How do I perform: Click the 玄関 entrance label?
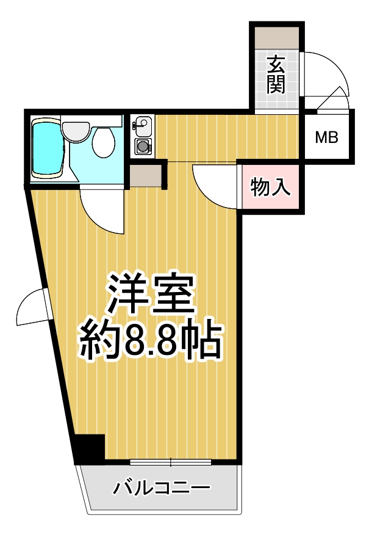(276, 74)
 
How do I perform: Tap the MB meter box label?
(326, 138)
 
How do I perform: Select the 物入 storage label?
(270, 188)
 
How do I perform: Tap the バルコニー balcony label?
(162, 489)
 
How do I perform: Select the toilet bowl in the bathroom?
(104, 144)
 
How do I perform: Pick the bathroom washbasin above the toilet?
(76, 130)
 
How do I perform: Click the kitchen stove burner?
(143, 146)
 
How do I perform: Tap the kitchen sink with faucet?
(143, 126)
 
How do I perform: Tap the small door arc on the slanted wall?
(30, 309)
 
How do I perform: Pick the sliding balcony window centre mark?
(170, 461)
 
